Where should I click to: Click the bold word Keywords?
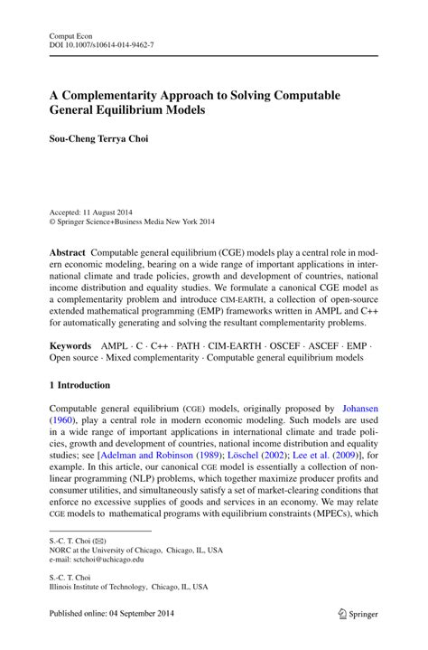[70, 345]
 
